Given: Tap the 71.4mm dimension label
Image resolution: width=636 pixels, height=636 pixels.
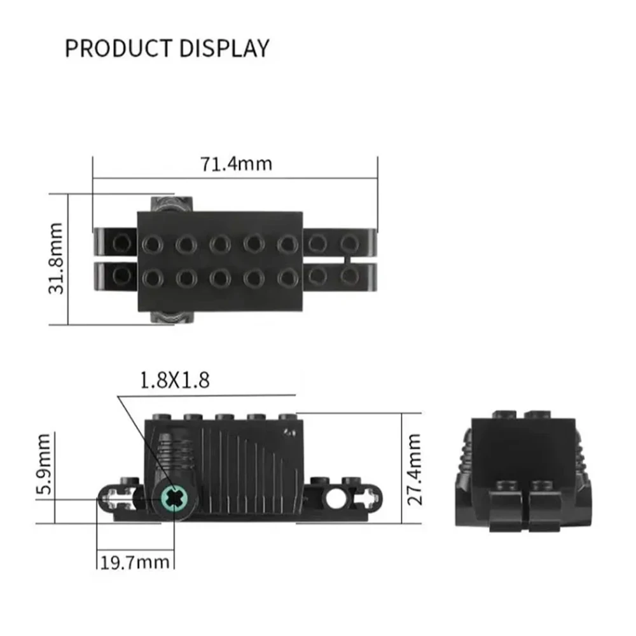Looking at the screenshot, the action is coord(236,164).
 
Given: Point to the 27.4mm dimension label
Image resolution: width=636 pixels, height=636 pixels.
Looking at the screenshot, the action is coord(414,469).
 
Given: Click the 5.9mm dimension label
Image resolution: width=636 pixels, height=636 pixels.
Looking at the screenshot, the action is coord(45,464).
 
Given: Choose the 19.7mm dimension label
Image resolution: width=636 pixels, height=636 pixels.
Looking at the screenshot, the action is coord(135,563).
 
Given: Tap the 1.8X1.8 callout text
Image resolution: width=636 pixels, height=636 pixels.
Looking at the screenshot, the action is coord(174,380).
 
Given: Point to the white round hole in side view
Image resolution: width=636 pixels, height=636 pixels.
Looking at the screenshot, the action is coord(335,499).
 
